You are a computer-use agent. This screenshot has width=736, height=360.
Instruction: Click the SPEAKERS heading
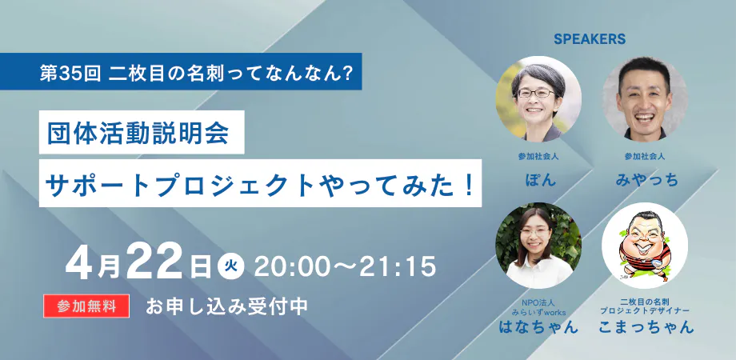coord(590,39)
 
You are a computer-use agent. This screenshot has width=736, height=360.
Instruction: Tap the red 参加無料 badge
coord(86,306)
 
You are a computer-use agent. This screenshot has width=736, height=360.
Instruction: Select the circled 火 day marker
coord(231,267)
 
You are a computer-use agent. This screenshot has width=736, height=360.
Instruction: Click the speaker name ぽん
coord(538,179)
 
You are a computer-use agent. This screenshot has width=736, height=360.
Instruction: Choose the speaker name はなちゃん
coord(538,326)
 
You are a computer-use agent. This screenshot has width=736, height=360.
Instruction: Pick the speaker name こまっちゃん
coord(645,326)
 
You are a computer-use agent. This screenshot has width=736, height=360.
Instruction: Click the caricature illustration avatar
coord(645,246)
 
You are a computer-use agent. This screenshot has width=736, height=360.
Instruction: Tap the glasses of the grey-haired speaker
coord(535,93)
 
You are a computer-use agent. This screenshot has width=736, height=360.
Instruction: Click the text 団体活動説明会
coord(138,133)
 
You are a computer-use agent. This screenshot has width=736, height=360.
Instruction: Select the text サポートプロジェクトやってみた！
coord(258,183)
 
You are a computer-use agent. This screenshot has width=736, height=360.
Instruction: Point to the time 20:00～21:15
coord(345,267)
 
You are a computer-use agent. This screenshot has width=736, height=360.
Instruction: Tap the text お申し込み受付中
coord(226,306)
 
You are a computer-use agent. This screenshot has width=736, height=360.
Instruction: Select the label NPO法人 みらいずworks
coord(538,307)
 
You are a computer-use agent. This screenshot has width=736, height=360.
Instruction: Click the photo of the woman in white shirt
coord(538,246)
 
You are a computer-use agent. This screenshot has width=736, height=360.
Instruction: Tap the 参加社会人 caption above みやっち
coord(645,156)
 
